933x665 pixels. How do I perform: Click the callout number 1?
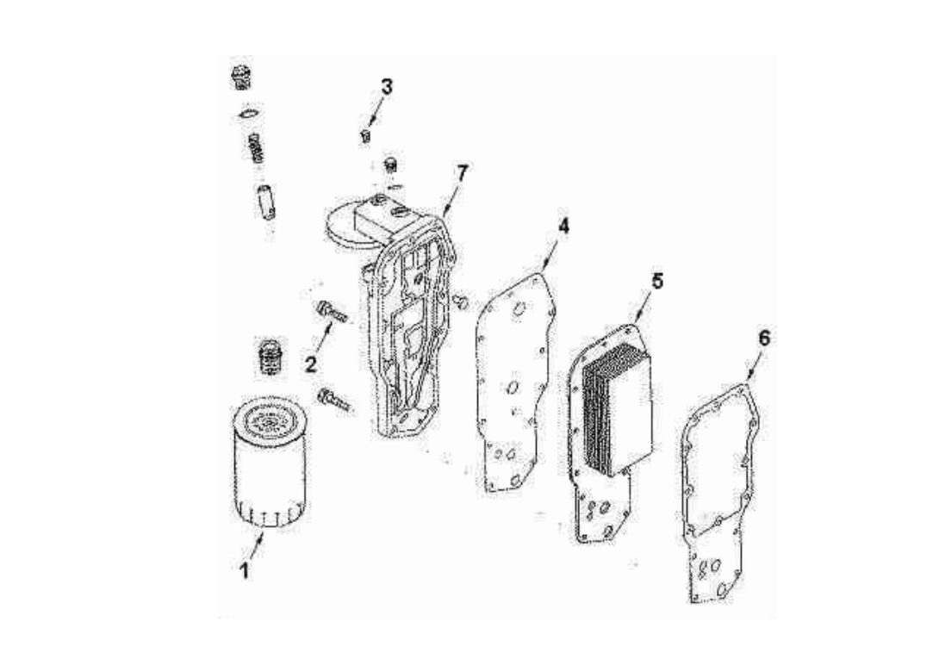pyautogui.click(x=245, y=570)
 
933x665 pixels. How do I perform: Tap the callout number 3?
pyautogui.click(x=387, y=87)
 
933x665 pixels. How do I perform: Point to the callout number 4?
pyautogui.click(x=563, y=226)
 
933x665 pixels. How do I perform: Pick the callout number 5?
pyautogui.click(x=656, y=281)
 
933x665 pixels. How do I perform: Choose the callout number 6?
pyautogui.click(x=763, y=338)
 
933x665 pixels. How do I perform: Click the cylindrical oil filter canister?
pyautogui.click(x=268, y=469)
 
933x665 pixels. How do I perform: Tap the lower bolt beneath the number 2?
pyautogui.click(x=334, y=399)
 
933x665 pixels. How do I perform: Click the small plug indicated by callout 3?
pyautogui.click(x=365, y=135)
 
